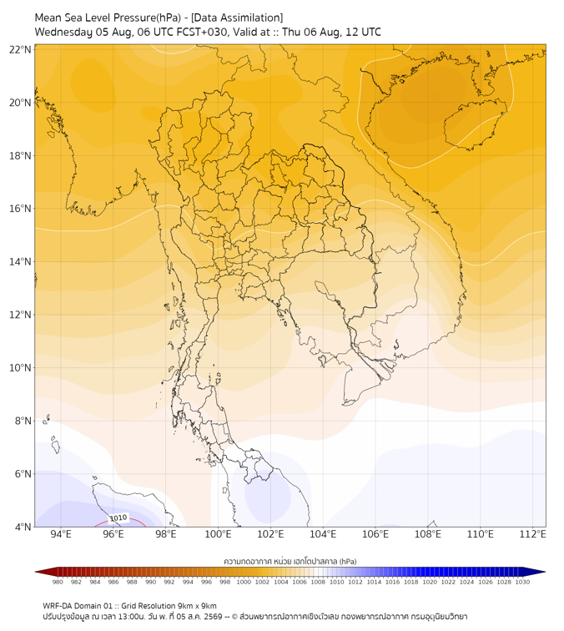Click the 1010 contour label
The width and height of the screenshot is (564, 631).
click(118, 518)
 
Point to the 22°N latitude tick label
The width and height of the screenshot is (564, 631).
click(20, 50)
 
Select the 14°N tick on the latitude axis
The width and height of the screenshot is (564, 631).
click(20, 262)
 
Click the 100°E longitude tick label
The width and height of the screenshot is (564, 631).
click(218, 534)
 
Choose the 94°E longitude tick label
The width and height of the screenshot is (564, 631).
click(61, 534)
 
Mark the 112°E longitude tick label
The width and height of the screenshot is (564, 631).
click(532, 534)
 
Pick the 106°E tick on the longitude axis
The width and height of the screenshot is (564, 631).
click(375, 534)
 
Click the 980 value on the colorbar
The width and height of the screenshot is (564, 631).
click(58, 582)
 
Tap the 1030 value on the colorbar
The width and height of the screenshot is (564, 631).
click(522, 582)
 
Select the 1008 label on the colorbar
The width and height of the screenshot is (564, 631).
click(318, 582)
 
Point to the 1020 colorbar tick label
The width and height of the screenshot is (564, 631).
click(430, 582)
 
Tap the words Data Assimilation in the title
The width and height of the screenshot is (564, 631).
click(237, 18)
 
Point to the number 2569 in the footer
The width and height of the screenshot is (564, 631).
click(214, 617)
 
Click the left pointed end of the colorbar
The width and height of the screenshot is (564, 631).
click(35, 572)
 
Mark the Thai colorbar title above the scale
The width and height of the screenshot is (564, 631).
click(290, 561)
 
